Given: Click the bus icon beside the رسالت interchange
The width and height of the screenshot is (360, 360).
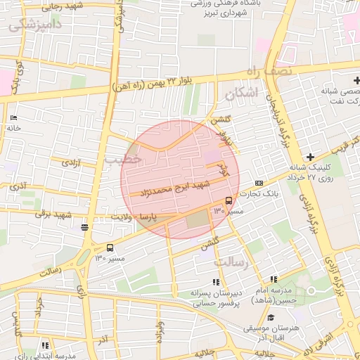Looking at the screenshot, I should coord(110,247).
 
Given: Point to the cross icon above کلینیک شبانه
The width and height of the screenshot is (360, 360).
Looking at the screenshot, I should coord(310,155).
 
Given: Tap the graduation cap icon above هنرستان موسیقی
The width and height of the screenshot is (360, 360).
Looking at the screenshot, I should coord(274,318).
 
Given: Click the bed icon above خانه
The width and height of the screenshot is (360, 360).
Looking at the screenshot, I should coord(13,117).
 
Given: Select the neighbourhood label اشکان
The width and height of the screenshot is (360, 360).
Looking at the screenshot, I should coord(241,93).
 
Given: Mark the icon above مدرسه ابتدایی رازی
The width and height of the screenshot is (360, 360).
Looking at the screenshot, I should coord(45,345).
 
